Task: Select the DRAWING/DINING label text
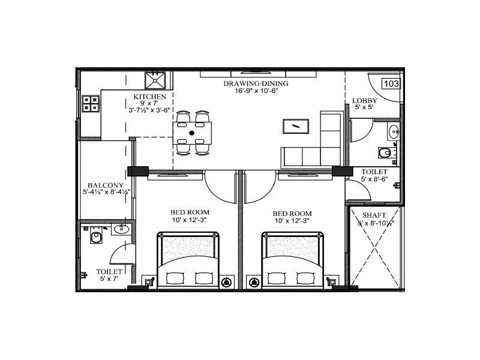256,84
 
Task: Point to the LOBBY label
364,100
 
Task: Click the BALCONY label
106,185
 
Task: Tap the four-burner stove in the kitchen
91,103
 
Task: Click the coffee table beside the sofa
296,127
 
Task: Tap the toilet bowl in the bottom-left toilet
96,239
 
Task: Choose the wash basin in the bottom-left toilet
122,228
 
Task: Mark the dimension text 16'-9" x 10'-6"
256,92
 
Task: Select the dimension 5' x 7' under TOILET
110,279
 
